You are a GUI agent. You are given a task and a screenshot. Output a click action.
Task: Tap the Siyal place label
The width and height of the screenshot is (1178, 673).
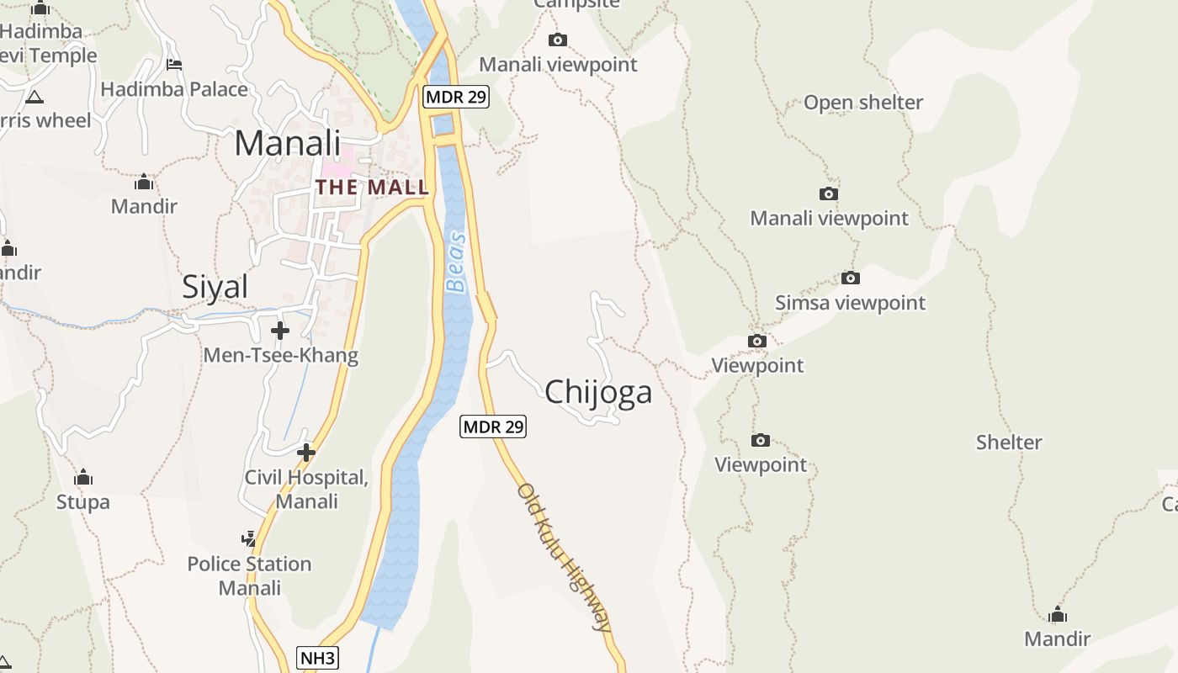[215, 288]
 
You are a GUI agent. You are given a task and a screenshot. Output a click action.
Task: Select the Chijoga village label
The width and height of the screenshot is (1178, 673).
[598, 393]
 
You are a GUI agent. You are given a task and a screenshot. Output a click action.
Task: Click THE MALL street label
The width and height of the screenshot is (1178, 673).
[372, 187]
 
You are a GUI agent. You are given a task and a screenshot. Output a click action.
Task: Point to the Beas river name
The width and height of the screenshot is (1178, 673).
[456, 262]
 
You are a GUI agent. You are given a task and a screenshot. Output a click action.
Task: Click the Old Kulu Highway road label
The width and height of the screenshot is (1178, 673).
[563, 556]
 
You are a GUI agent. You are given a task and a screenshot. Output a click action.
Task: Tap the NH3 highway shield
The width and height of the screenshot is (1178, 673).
[318, 658]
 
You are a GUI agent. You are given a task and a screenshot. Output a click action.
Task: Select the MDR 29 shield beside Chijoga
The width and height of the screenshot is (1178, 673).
[493, 427]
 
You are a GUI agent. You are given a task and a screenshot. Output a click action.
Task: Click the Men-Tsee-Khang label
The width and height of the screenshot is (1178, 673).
[280, 355]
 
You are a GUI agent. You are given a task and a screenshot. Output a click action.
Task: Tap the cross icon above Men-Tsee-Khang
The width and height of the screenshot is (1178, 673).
[280, 331]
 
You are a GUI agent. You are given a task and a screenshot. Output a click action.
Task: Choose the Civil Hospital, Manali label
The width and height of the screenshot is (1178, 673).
[306, 490]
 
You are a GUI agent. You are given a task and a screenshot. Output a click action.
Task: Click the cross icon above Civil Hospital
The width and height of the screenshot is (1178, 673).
[306, 453]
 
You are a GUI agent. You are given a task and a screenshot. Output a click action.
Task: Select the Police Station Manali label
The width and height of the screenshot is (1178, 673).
[249, 575]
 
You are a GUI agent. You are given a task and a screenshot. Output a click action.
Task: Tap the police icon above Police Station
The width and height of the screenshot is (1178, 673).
[248, 538]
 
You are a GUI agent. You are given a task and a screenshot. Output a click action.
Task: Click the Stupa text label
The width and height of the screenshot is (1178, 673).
[83, 502]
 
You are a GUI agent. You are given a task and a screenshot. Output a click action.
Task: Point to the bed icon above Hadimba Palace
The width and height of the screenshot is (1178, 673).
[174, 64]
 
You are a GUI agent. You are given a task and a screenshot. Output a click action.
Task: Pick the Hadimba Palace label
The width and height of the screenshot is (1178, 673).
[174, 89]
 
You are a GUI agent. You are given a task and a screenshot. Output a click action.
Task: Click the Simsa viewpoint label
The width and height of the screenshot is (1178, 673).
[850, 303]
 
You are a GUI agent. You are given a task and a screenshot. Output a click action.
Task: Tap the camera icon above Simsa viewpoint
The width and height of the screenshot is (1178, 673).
[850, 278]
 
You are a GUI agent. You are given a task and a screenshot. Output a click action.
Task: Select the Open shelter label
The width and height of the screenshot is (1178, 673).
[863, 103]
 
